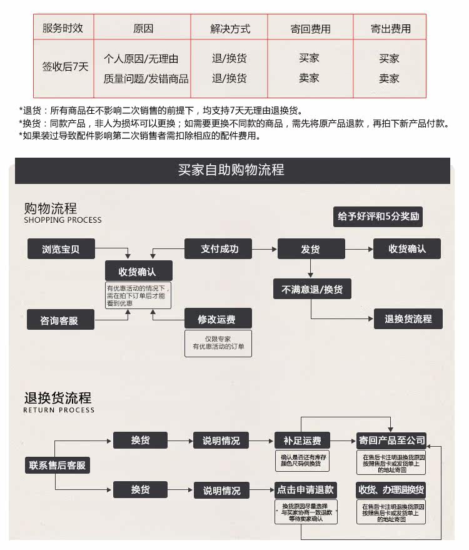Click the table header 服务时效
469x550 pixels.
click(x=63, y=28)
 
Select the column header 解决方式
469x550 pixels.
click(x=229, y=29)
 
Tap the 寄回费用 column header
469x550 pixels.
click(x=310, y=29)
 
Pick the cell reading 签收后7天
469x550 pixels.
click(x=65, y=68)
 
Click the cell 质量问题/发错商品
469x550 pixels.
click(x=146, y=79)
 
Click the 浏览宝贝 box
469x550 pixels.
click(x=61, y=249)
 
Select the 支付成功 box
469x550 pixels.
click(x=219, y=248)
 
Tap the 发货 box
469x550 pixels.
click(x=310, y=249)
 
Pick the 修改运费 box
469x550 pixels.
click(x=217, y=319)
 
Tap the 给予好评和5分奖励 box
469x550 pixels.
click(x=378, y=216)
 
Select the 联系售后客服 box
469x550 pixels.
click(x=57, y=466)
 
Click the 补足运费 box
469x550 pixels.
click(x=302, y=441)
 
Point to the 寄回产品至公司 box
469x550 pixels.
click(x=391, y=441)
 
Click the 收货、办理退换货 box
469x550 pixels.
click(x=391, y=489)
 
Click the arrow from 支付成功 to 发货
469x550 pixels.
click(x=265, y=249)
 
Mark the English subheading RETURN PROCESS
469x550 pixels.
click(x=59, y=410)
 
